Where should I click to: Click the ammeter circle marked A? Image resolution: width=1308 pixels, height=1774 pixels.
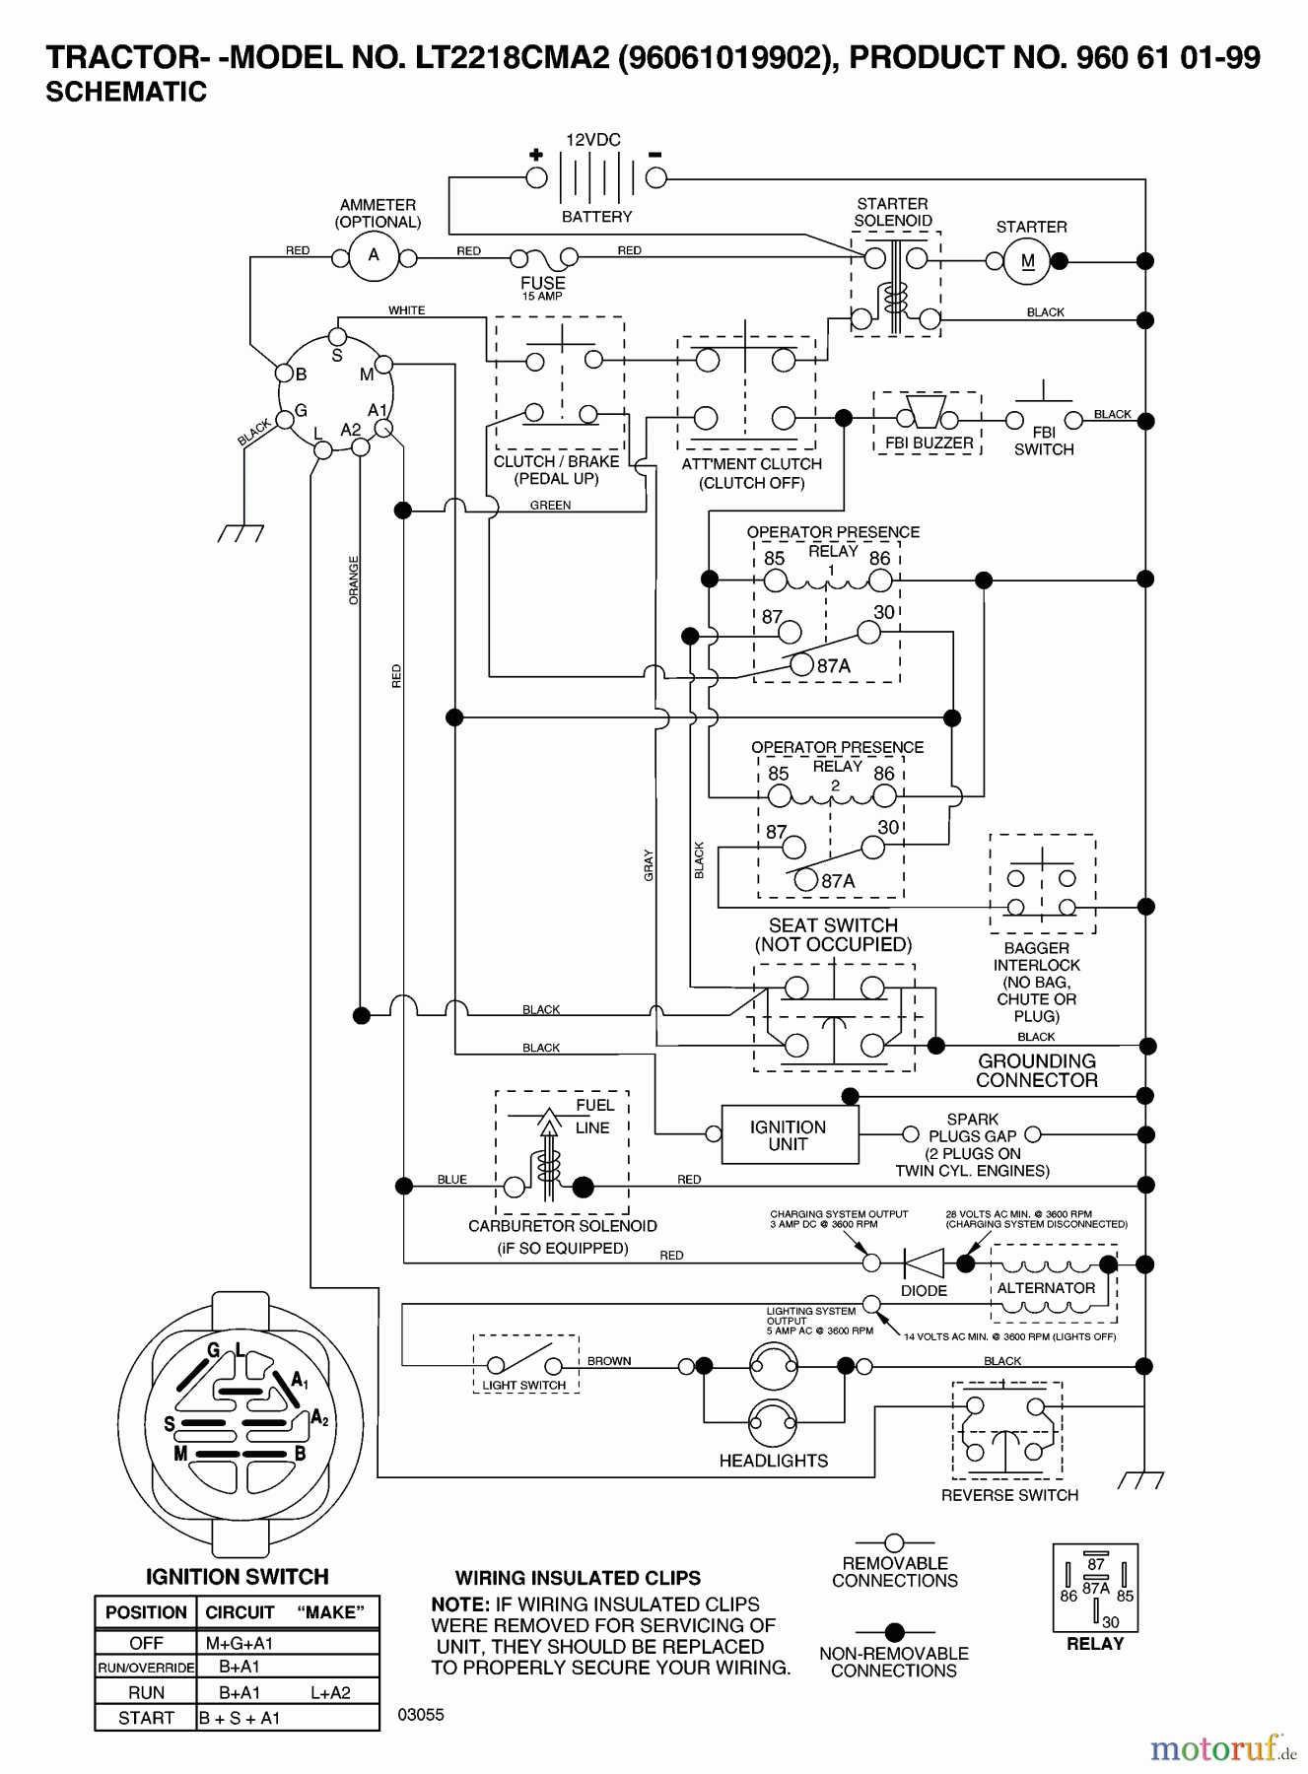[374, 255]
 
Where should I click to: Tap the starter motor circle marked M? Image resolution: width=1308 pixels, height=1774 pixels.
[1028, 261]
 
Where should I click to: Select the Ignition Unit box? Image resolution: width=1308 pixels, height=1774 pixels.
[789, 1135]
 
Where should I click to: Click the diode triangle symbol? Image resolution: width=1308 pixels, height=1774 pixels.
[924, 1262]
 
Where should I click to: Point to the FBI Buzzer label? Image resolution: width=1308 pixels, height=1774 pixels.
[929, 443]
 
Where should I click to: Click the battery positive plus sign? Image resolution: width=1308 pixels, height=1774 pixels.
[535, 155]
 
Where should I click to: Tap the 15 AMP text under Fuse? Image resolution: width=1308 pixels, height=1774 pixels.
[542, 297]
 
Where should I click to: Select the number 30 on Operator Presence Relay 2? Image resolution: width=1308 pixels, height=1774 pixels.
[887, 827]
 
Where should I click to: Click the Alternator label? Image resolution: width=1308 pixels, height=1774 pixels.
[1046, 1288]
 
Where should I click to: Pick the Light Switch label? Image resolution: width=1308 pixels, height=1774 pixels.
[523, 1385]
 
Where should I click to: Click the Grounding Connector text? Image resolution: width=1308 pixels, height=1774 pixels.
[1036, 1071]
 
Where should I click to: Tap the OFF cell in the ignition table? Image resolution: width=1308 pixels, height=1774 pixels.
[146, 1643]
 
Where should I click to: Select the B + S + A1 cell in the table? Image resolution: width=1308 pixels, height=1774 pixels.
[240, 1718]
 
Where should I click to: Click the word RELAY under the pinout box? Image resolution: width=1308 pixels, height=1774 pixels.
[1094, 1644]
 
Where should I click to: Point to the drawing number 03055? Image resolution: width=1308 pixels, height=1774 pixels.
[421, 1715]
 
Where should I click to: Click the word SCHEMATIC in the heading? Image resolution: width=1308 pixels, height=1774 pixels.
[126, 92]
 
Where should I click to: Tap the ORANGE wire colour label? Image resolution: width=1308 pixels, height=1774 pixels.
[354, 580]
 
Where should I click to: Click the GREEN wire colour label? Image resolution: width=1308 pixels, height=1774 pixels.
[550, 505]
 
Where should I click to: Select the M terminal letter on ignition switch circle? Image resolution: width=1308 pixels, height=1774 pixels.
[366, 375]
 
